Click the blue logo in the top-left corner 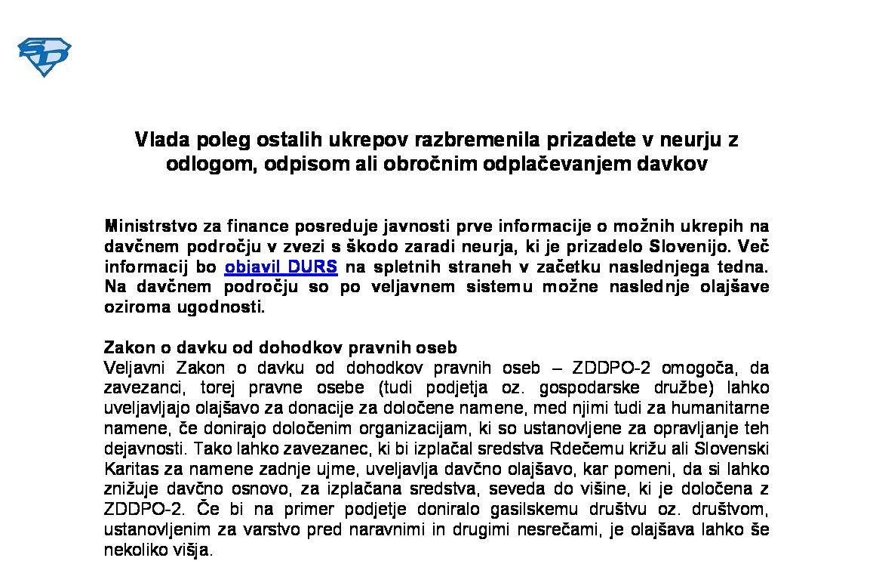coord(44,57)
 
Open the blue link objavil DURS coord(281,267)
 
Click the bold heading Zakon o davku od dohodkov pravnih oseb coord(280,348)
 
